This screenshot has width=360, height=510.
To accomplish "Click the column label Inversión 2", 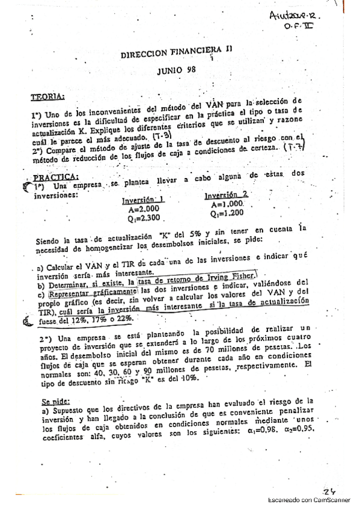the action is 226,196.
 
